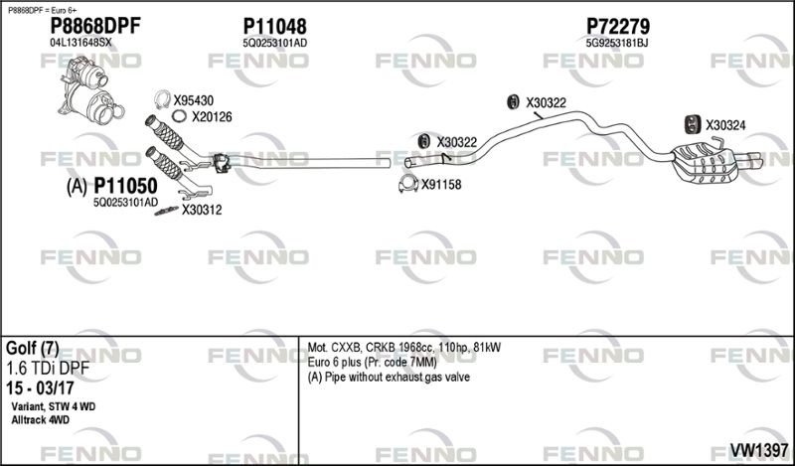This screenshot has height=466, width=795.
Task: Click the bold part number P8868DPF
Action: [x=94, y=26]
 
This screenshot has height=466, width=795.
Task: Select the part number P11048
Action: [x=274, y=26]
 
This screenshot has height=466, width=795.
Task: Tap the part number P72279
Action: [x=617, y=26]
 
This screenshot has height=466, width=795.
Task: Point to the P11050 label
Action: [x=125, y=186]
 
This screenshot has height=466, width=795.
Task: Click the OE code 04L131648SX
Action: [x=80, y=43]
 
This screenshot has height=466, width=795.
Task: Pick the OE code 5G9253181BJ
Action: [x=616, y=43]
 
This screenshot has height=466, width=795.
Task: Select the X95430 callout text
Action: [x=193, y=100]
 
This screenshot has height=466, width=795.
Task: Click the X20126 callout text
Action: [x=212, y=117]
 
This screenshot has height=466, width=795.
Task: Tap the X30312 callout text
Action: [x=202, y=210]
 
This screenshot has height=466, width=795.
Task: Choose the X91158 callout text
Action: [x=441, y=185]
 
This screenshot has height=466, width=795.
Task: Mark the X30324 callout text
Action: [x=725, y=125]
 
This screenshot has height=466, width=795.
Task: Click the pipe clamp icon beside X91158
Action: [x=408, y=184]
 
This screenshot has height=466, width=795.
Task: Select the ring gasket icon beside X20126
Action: [x=179, y=116]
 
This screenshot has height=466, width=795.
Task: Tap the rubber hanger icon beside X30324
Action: [x=692, y=125]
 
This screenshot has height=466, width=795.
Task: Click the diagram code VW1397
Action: [x=758, y=450]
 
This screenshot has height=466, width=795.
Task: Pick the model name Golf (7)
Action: [x=33, y=349]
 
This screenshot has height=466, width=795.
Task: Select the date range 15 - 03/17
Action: [x=40, y=388]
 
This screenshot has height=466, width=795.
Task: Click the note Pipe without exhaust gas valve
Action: [x=397, y=378]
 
